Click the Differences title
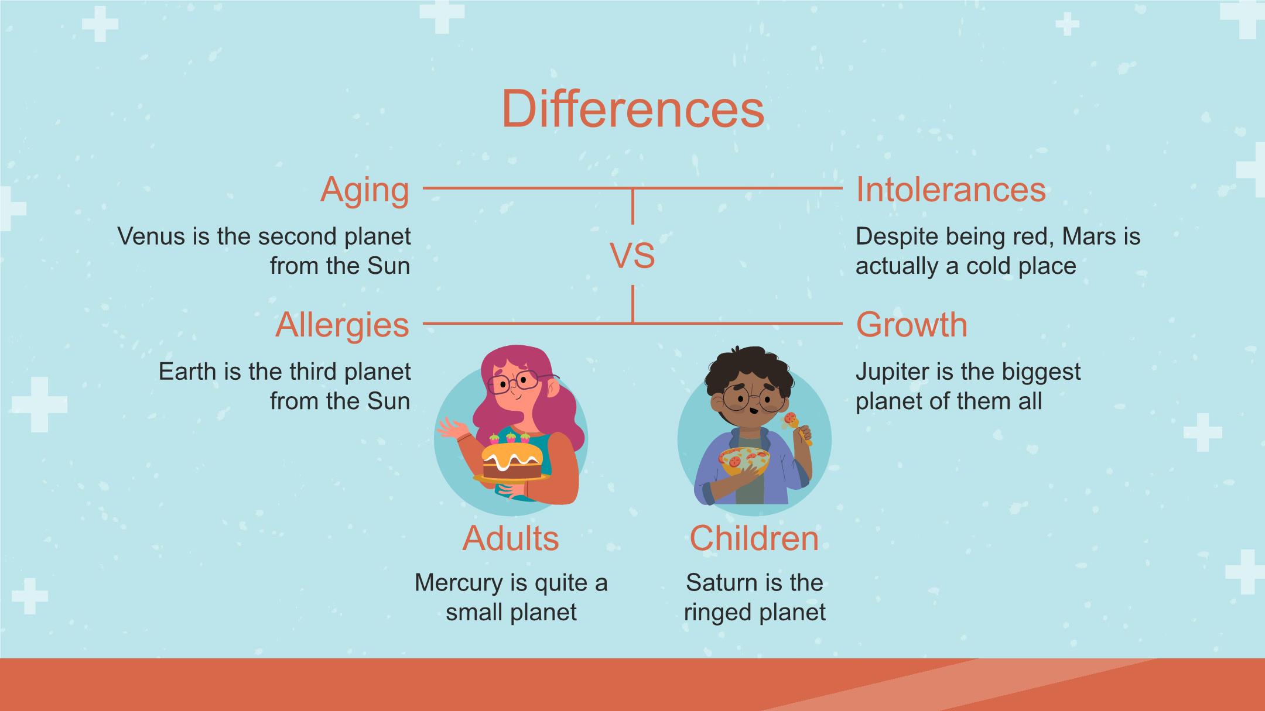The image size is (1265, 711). (x=632, y=109)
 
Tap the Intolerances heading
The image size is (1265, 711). (x=951, y=190)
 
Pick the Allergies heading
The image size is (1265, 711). (x=342, y=326)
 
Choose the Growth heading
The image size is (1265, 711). (x=912, y=325)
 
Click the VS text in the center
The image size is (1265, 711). (x=632, y=256)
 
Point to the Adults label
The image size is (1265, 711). (x=511, y=538)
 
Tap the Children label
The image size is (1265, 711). (x=754, y=538)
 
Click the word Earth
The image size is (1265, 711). (x=188, y=372)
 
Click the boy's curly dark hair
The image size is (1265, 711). (x=749, y=369)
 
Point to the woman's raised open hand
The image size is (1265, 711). (x=449, y=430)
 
